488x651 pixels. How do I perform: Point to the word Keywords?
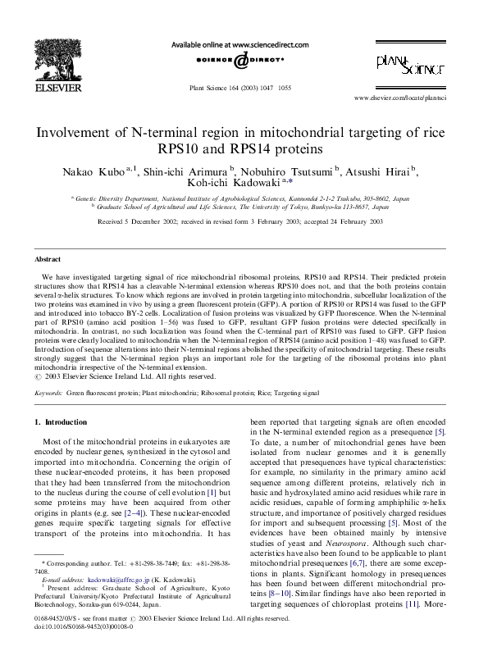click(x=48, y=394)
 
